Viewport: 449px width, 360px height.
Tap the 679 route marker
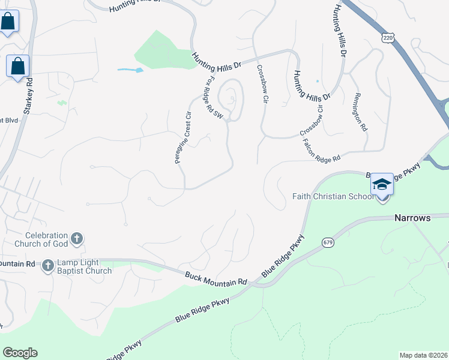[x=328, y=242]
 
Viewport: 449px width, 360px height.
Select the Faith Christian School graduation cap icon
[x=382, y=184]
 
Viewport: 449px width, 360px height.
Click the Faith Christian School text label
[x=331, y=196]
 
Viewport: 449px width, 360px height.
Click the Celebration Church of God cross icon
[x=77, y=239]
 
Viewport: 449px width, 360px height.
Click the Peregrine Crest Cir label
[x=187, y=137]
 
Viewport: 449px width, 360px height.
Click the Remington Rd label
[x=360, y=112]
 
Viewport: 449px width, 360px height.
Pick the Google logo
[x=20, y=353]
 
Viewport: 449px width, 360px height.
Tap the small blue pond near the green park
[x=131, y=70]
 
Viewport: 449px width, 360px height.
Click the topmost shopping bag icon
[x=8, y=22]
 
